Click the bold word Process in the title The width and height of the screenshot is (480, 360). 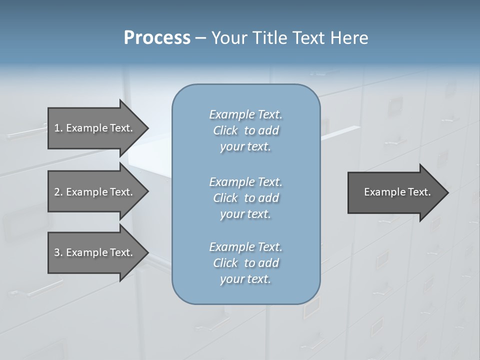click(x=157, y=38)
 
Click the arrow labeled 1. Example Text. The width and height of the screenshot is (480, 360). click(x=93, y=128)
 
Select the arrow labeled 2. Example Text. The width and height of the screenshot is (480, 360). click(x=93, y=192)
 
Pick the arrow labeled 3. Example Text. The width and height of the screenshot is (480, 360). click(x=93, y=252)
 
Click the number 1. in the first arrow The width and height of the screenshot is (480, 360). click(x=58, y=128)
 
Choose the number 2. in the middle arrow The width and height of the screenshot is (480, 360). click(x=58, y=192)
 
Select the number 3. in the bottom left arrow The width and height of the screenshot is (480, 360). click(x=58, y=252)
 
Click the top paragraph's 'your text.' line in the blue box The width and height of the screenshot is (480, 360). click(x=245, y=147)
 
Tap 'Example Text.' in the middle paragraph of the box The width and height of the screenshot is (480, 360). click(x=245, y=181)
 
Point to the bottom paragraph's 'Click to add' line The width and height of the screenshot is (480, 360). click(x=245, y=263)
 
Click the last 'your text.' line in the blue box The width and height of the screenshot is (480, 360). click(x=245, y=279)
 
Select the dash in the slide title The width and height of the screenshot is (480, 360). click(x=200, y=38)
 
